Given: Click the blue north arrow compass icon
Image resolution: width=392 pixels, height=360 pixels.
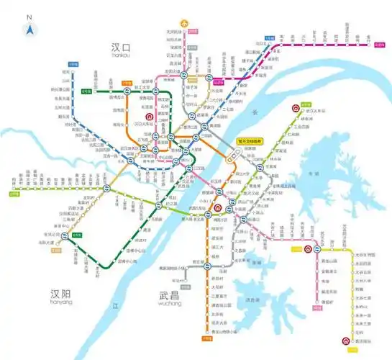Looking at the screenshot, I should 29,30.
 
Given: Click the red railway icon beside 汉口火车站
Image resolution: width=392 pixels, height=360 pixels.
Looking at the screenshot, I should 149,117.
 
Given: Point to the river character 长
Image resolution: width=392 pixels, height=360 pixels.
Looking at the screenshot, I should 252,112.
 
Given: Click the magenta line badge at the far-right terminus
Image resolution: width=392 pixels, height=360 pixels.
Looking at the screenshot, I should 379,45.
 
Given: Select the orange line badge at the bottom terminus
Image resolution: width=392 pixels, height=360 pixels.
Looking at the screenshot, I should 207,338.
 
